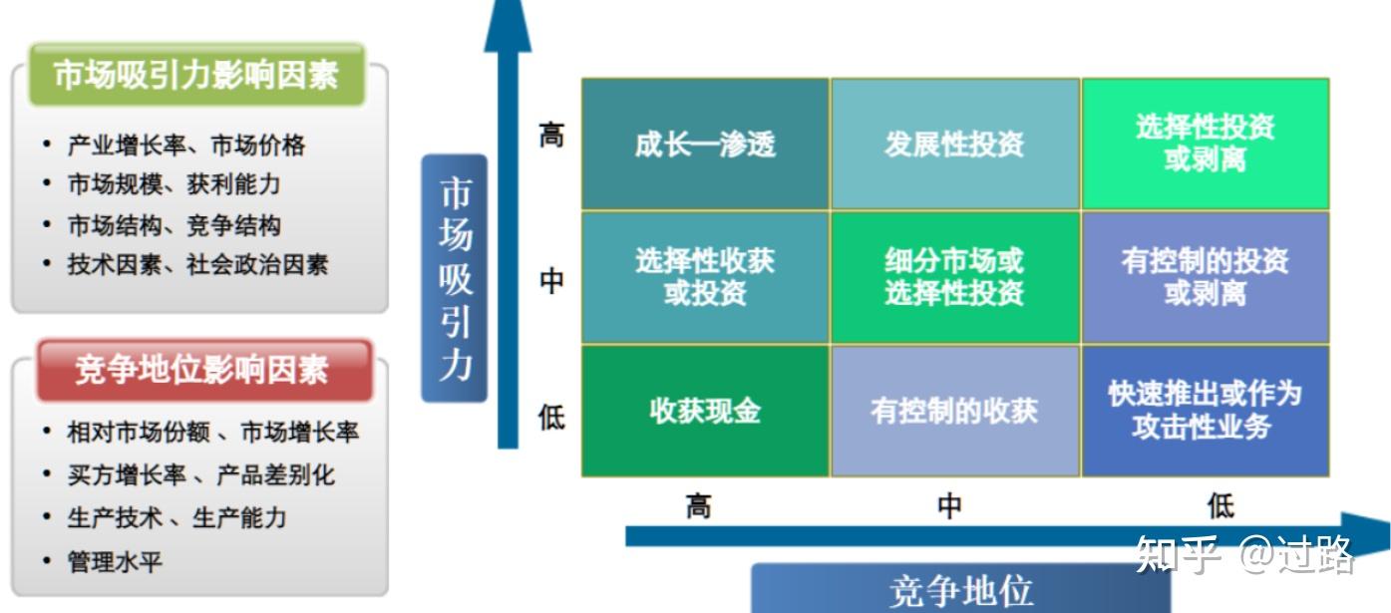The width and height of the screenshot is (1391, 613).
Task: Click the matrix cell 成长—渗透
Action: tap(705, 145)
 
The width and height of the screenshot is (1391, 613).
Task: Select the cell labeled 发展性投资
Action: tap(954, 145)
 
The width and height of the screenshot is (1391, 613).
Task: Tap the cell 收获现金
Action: tap(705, 411)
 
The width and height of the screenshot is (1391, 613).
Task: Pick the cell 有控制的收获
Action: tap(954, 411)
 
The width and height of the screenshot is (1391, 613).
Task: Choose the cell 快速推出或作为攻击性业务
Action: tap(1205, 411)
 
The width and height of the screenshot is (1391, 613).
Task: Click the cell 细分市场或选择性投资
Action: tap(954, 277)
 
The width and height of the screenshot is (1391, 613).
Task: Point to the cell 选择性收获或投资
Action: tap(705, 277)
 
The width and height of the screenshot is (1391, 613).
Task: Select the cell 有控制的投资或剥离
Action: tap(1205, 277)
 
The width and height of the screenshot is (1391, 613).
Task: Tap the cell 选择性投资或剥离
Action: tap(1205, 145)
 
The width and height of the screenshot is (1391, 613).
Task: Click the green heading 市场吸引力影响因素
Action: tap(196, 75)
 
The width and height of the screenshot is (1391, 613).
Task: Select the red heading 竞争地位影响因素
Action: tap(202, 370)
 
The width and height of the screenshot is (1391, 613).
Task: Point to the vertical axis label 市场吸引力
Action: tap(455, 278)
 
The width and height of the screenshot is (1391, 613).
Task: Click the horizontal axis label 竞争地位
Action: tap(959, 590)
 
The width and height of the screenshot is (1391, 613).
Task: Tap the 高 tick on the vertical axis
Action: tap(551, 135)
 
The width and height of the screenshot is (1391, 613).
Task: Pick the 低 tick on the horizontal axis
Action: tap(1220, 505)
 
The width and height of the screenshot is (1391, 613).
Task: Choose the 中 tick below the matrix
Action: tap(949, 505)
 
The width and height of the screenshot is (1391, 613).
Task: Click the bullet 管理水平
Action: tap(115, 562)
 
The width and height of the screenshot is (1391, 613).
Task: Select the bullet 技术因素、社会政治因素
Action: tap(197, 265)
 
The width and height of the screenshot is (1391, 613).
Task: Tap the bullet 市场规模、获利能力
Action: tap(174, 184)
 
